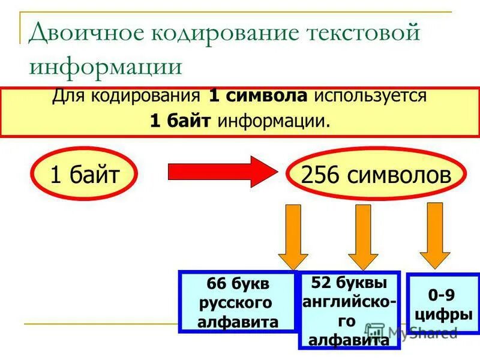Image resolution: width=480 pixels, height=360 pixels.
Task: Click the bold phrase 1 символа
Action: point(259,96)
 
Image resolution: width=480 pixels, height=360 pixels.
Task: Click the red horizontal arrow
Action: point(219,172)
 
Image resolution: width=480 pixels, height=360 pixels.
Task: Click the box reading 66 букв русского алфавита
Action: point(238,302)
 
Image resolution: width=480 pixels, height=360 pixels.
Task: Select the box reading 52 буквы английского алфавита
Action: point(349,310)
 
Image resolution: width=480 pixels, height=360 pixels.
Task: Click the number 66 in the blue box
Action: point(215,283)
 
